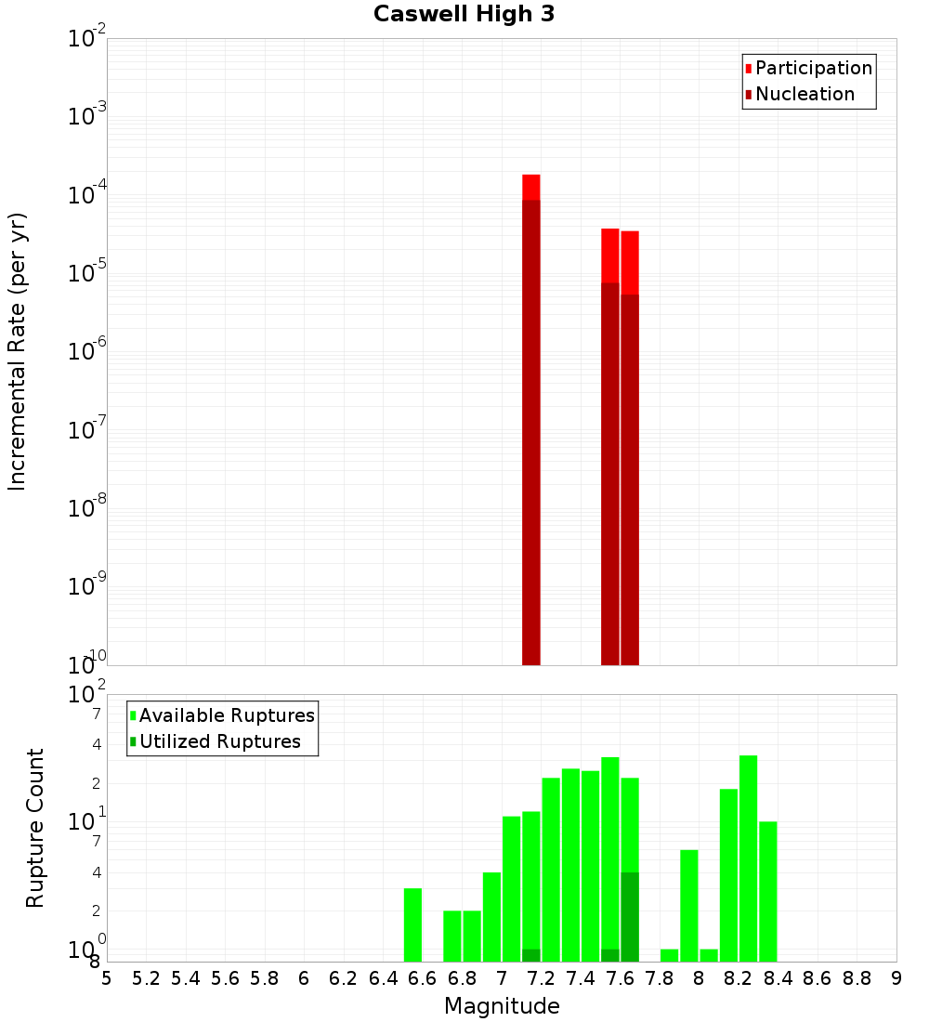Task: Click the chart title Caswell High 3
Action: pos(464,15)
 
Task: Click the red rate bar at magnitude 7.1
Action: pos(531,418)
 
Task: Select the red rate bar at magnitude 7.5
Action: pos(610,446)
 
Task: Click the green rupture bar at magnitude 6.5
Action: pos(412,924)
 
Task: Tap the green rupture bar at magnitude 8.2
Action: pos(749,858)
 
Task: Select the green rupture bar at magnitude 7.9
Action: pos(689,906)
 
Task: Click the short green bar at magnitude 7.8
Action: pos(669,955)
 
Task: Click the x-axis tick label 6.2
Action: pos(344,978)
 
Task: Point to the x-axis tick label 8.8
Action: pos(857,978)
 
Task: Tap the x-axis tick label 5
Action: pos(107,978)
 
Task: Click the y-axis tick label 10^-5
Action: pos(87,273)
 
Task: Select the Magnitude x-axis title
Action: pos(502,1006)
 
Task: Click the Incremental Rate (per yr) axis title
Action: pos(18,351)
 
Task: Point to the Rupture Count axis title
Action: pos(35,828)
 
